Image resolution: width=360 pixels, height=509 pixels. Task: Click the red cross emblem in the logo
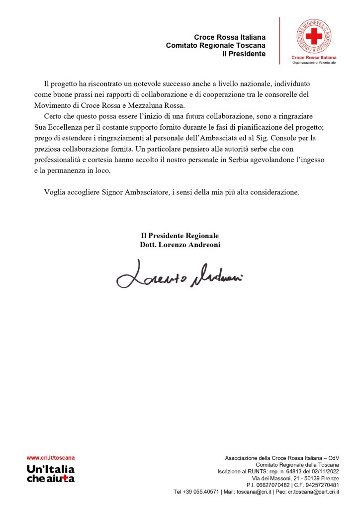314,36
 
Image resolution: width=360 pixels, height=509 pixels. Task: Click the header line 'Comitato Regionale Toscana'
215,45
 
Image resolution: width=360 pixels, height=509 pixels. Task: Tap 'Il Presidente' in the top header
244,54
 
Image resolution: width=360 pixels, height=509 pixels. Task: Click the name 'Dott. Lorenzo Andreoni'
180,245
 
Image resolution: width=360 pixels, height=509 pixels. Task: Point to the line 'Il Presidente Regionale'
180,236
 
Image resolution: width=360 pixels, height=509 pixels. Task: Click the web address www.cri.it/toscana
51,458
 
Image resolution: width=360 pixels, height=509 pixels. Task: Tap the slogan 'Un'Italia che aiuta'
50,474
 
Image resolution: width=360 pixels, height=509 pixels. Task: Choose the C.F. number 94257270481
322,485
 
